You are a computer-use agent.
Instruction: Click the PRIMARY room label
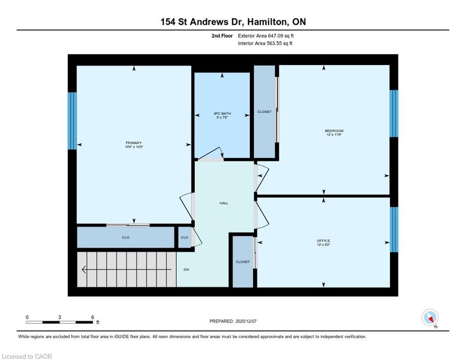134,143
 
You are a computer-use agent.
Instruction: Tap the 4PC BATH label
222,113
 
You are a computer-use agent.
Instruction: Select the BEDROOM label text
334,131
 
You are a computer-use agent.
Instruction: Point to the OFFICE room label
323,241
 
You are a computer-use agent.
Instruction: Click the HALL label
224,203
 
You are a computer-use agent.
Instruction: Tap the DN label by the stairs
186,270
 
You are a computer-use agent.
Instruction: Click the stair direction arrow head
84,270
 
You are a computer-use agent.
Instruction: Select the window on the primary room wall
72,120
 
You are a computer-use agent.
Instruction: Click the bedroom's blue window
394,113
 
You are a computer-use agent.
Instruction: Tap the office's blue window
394,229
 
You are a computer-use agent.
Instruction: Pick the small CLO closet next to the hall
184,237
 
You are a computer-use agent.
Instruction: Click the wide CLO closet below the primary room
126,237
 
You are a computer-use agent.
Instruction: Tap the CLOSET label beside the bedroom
264,112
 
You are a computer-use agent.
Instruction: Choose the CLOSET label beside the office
243,262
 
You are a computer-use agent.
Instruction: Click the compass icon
430,317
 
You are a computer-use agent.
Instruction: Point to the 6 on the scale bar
93,317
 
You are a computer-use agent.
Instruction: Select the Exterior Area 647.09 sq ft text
266,36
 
